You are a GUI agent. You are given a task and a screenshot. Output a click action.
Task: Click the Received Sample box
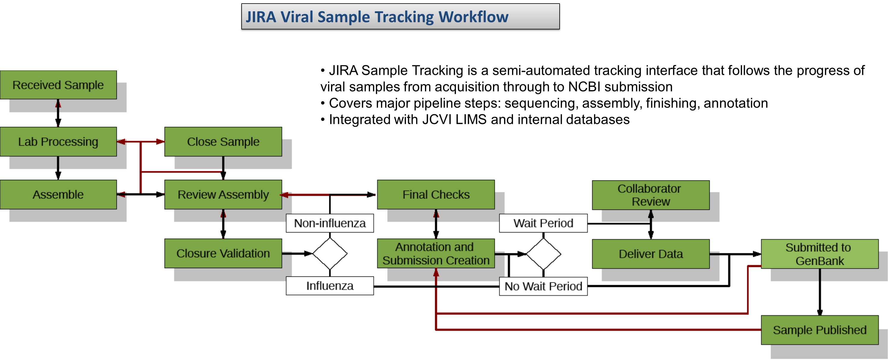58,85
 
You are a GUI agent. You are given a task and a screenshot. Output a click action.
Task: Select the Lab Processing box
58,142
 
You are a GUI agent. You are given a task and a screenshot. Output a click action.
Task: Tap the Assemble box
58,194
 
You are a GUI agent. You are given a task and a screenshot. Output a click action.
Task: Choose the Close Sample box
223,142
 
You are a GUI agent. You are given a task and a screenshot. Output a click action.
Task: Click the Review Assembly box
223,194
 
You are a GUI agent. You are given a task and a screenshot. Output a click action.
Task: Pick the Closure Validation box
223,254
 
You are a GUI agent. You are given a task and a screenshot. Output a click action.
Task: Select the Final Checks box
436,194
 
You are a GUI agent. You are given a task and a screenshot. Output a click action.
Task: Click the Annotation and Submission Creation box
436,254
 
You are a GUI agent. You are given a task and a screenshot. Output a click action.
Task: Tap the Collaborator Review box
651,195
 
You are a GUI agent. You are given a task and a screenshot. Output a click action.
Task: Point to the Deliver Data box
651,254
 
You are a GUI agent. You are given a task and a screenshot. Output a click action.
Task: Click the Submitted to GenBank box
819,254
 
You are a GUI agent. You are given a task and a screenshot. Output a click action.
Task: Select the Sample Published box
819,330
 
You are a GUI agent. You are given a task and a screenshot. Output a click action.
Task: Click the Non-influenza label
330,223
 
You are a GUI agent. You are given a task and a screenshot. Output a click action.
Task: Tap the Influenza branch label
330,286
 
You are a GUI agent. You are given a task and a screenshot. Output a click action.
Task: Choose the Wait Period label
543,223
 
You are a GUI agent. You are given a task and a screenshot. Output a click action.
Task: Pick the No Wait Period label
543,286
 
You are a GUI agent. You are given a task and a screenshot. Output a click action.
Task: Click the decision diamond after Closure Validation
330,254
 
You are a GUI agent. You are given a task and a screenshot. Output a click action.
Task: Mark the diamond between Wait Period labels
543,254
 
